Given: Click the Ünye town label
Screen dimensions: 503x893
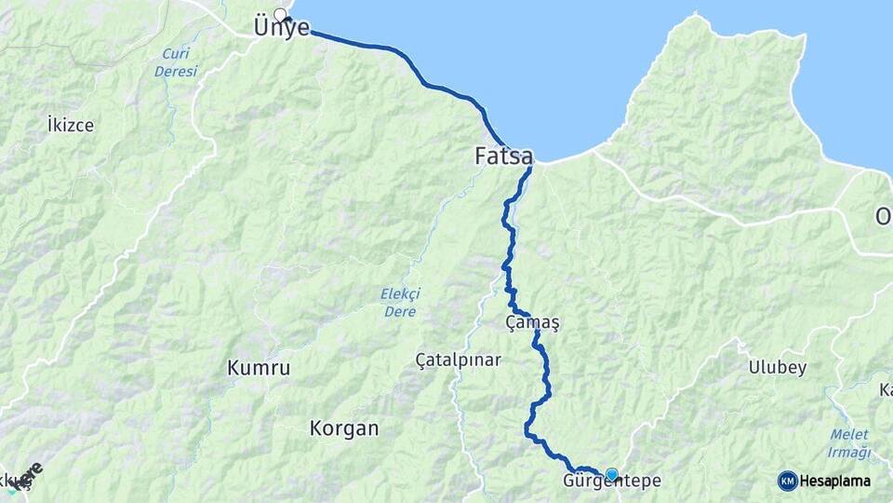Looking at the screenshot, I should coord(281,30).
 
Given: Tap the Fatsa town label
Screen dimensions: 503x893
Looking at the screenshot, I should coord(503,156).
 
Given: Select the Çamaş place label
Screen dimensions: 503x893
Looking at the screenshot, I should coord(532,322).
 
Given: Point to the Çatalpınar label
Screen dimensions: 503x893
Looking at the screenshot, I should coord(459,360).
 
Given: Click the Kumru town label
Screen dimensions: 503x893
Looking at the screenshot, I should coord(259,369).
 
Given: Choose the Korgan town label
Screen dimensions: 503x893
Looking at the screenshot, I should coord(344,429).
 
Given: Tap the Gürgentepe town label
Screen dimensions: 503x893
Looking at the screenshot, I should coord(612,482).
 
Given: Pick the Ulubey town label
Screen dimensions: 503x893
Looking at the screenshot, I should coord(778,368).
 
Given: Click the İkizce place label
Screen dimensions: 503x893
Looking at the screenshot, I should coord(71,124).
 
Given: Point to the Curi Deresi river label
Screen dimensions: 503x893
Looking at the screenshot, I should coord(179,62).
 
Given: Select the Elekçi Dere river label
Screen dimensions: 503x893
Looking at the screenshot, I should coord(400,303).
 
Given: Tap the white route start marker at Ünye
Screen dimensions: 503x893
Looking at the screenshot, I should coord(279,14).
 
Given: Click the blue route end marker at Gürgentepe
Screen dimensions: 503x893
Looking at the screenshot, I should coord(612,474).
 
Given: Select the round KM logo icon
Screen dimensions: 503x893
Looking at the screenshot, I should coord(787,481).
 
